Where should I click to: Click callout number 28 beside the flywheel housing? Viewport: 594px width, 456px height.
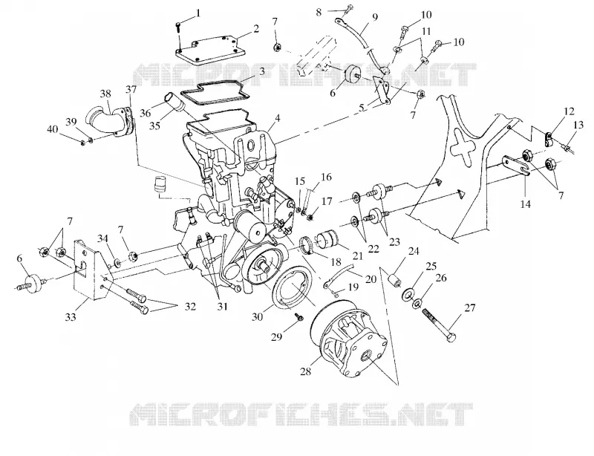(305, 371)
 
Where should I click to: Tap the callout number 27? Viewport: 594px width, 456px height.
(470, 307)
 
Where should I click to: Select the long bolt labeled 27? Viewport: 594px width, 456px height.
(439, 325)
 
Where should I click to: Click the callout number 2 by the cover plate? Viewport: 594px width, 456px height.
(256, 29)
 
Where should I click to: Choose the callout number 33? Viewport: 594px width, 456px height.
(71, 317)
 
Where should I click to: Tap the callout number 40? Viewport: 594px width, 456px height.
(53, 129)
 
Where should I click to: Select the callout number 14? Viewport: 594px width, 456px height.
(525, 204)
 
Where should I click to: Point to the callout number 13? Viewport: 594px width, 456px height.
(578, 124)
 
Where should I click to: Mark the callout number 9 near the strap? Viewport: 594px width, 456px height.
(375, 16)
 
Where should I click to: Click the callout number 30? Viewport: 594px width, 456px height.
(257, 316)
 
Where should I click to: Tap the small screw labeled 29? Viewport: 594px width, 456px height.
(298, 316)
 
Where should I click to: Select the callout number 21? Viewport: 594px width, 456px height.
(357, 256)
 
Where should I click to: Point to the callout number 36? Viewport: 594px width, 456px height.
(145, 113)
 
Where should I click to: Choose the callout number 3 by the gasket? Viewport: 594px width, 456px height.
(262, 71)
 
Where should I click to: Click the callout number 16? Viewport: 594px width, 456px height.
(326, 177)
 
